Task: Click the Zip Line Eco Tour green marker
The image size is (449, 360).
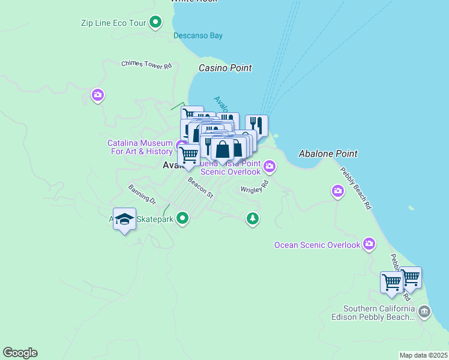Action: coord(156,23)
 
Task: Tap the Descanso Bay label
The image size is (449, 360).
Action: coord(198,35)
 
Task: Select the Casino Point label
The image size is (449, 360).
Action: coord(225,68)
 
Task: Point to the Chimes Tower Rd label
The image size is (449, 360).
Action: coord(146,64)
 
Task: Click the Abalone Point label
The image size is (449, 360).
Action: coord(328,154)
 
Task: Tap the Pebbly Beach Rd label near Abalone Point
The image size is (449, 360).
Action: coord(356,188)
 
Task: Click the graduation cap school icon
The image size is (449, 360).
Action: coord(124,219)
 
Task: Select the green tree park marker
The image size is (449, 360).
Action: coord(253,218)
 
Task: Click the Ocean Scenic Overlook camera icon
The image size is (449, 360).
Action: coord(369,244)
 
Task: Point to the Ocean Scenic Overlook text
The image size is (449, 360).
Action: coord(317,245)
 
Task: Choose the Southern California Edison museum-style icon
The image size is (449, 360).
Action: coord(424,311)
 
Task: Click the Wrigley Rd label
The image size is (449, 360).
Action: coord(254,189)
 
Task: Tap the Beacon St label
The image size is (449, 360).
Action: coord(200,187)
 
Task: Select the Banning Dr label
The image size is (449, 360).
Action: coord(142,194)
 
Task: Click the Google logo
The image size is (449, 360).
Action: coord(20,353)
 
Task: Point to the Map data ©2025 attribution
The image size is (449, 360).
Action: coord(423,355)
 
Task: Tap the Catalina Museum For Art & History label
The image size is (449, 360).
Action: coord(140,147)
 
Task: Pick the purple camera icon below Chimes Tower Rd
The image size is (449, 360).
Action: coord(98,95)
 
